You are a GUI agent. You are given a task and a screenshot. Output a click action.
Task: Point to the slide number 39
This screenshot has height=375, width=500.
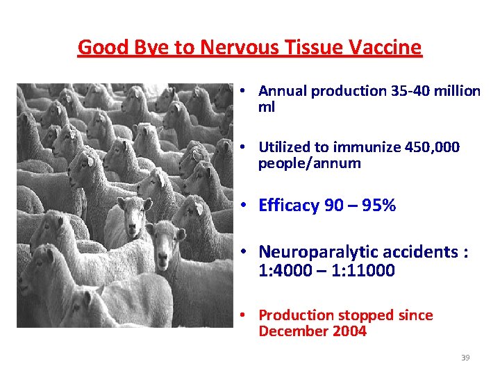(x=465, y=358)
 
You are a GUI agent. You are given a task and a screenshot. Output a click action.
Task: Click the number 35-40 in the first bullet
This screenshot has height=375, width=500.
(x=415, y=91)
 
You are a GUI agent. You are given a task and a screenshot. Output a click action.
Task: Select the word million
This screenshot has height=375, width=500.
(x=458, y=91)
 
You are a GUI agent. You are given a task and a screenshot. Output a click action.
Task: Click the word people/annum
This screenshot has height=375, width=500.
(x=309, y=163)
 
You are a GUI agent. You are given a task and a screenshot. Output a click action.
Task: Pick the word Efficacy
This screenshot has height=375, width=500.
(x=289, y=205)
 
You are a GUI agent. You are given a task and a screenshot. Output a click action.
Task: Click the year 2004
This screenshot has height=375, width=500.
(x=349, y=331)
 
